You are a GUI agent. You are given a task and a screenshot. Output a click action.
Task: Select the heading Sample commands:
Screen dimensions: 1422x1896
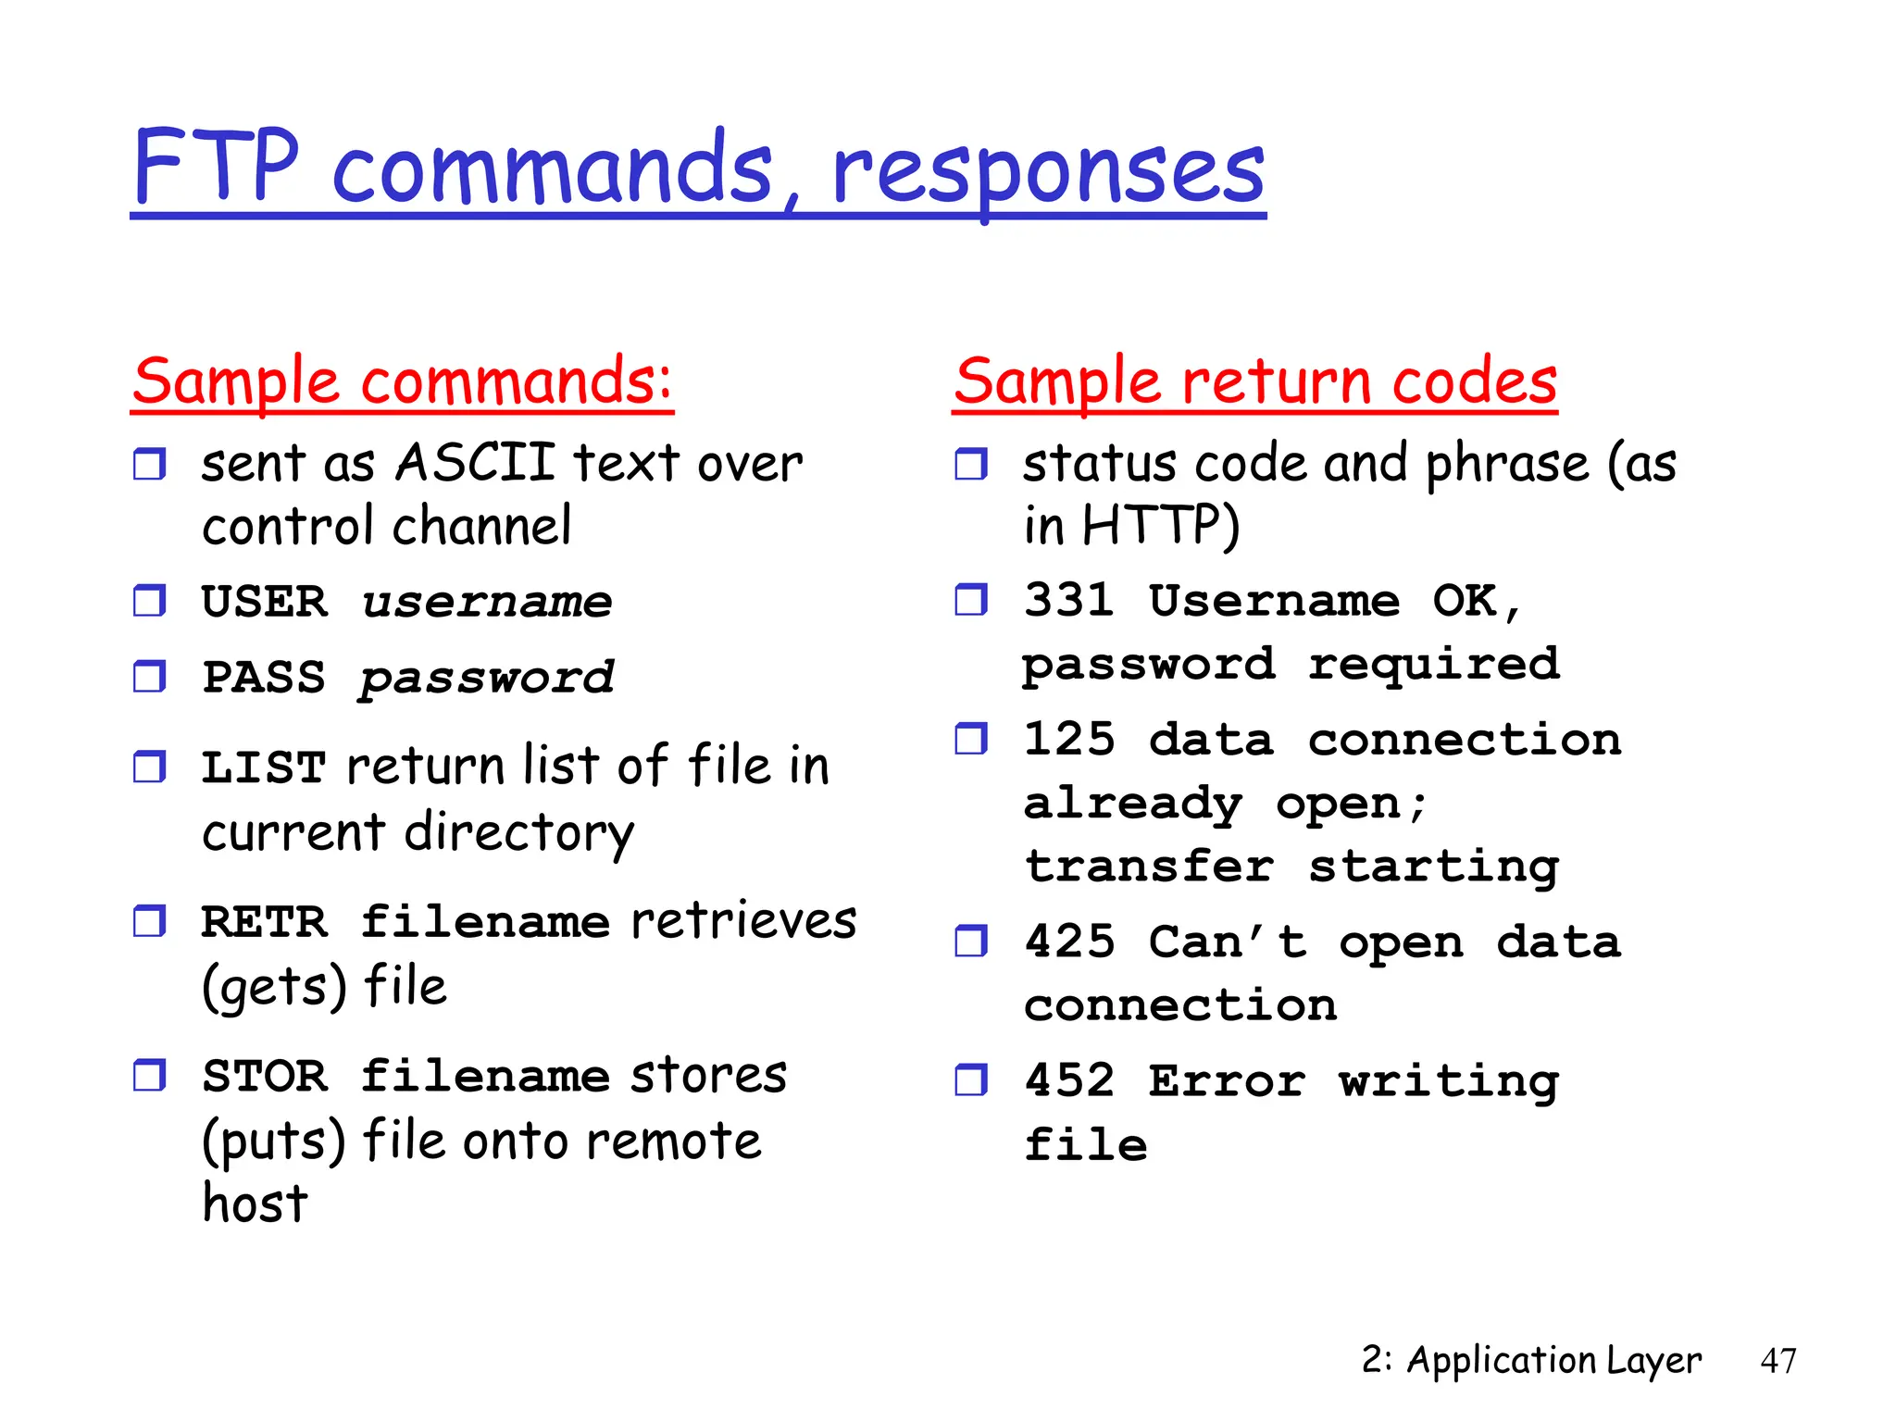pos(402,381)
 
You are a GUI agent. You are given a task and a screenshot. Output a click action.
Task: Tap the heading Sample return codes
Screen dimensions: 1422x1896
pos(1255,381)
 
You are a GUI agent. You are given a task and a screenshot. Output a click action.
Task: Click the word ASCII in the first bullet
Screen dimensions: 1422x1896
pos(475,462)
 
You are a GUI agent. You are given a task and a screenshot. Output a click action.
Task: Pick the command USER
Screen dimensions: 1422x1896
pos(265,603)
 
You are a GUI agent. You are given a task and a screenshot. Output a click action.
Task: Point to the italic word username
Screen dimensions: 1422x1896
pos(487,603)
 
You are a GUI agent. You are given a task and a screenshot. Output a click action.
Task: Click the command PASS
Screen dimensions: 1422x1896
pos(265,678)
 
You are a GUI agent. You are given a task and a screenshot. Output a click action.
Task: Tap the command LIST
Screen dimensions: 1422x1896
pos(265,767)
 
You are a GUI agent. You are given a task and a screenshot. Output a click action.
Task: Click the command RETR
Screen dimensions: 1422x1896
pos(265,922)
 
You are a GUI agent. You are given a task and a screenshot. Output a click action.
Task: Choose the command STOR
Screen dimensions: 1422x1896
pos(265,1077)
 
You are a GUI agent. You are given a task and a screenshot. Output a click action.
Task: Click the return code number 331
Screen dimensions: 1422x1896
pos(1069,601)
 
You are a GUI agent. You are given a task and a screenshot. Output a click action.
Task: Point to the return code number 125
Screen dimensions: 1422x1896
pos(1069,740)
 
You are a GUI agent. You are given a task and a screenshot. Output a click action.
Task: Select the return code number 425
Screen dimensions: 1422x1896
pos(1069,942)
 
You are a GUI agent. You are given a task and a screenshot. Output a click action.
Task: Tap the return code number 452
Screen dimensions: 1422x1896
pos(1069,1080)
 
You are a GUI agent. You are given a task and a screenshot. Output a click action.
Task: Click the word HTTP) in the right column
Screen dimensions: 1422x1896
pos(1160,526)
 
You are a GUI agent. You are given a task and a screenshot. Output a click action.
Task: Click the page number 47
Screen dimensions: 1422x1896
pos(1777,1361)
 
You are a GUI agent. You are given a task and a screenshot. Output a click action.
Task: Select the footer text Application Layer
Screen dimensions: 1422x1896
pos(1553,1360)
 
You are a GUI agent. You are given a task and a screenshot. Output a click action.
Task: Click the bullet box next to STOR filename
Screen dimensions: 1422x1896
pos(149,1076)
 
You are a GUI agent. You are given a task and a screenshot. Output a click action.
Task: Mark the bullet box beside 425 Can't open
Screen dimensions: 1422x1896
pos(971,942)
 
